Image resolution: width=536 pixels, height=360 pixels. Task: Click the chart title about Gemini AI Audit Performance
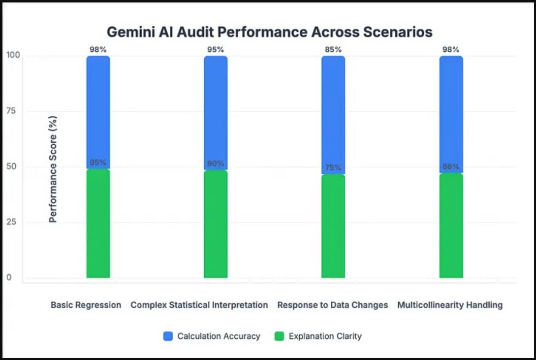click(x=270, y=32)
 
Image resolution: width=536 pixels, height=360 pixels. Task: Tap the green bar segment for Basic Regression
click(x=98, y=224)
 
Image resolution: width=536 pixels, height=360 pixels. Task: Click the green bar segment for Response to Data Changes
click(x=333, y=227)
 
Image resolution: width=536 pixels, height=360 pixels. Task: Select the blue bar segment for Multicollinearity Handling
click(x=451, y=113)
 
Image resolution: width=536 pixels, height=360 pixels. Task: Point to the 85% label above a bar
click(x=333, y=49)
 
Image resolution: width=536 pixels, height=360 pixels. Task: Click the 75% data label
click(x=333, y=167)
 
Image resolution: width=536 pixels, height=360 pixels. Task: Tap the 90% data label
click(x=216, y=164)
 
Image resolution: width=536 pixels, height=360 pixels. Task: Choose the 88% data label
click(x=451, y=166)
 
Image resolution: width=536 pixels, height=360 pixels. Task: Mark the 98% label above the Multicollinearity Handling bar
click(x=451, y=49)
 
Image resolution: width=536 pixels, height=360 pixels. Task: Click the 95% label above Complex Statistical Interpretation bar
click(x=216, y=49)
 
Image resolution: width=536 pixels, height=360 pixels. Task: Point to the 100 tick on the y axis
click(x=13, y=55)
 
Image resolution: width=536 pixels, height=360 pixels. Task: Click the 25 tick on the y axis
click(x=11, y=222)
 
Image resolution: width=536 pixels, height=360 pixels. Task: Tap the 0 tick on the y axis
click(x=8, y=278)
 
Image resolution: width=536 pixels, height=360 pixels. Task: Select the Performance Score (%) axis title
click(x=53, y=169)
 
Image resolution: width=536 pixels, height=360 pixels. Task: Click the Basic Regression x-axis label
click(x=86, y=305)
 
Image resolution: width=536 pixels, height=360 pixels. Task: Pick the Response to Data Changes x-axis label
click(x=333, y=305)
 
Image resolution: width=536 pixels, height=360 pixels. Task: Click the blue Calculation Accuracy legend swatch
click(x=168, y=336)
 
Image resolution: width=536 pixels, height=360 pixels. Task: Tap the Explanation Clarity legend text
click(x=325, y=336)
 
